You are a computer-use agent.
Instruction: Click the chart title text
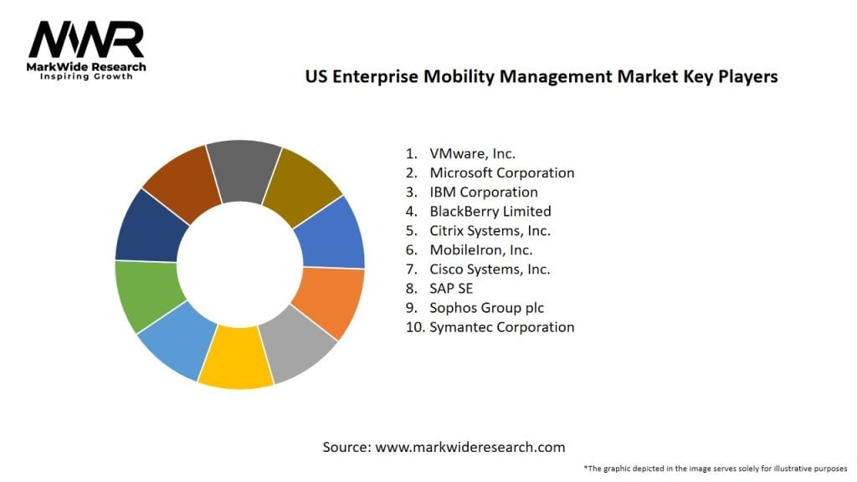pos(541,77)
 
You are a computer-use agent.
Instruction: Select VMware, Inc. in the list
pos(472,153)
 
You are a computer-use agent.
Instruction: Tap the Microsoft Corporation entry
pos(501,172)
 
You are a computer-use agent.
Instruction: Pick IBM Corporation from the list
pos(483,192)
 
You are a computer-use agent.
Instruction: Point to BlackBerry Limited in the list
pos(490,211)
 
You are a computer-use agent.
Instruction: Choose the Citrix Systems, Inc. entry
pos(490,230)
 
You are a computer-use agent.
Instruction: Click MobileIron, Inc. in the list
pos(480,249)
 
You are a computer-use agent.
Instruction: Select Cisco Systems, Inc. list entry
pos(489,269)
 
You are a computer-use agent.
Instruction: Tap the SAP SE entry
pos(451,288)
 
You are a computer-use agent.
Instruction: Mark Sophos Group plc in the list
pos(486,307)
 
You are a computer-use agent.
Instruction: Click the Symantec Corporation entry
pos(501,326)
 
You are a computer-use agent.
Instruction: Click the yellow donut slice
pos(236,357)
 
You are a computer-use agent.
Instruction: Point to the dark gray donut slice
pos(244,171)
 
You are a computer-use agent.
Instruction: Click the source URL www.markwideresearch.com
pos(470,447)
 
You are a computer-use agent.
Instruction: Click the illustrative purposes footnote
pos(716,469)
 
